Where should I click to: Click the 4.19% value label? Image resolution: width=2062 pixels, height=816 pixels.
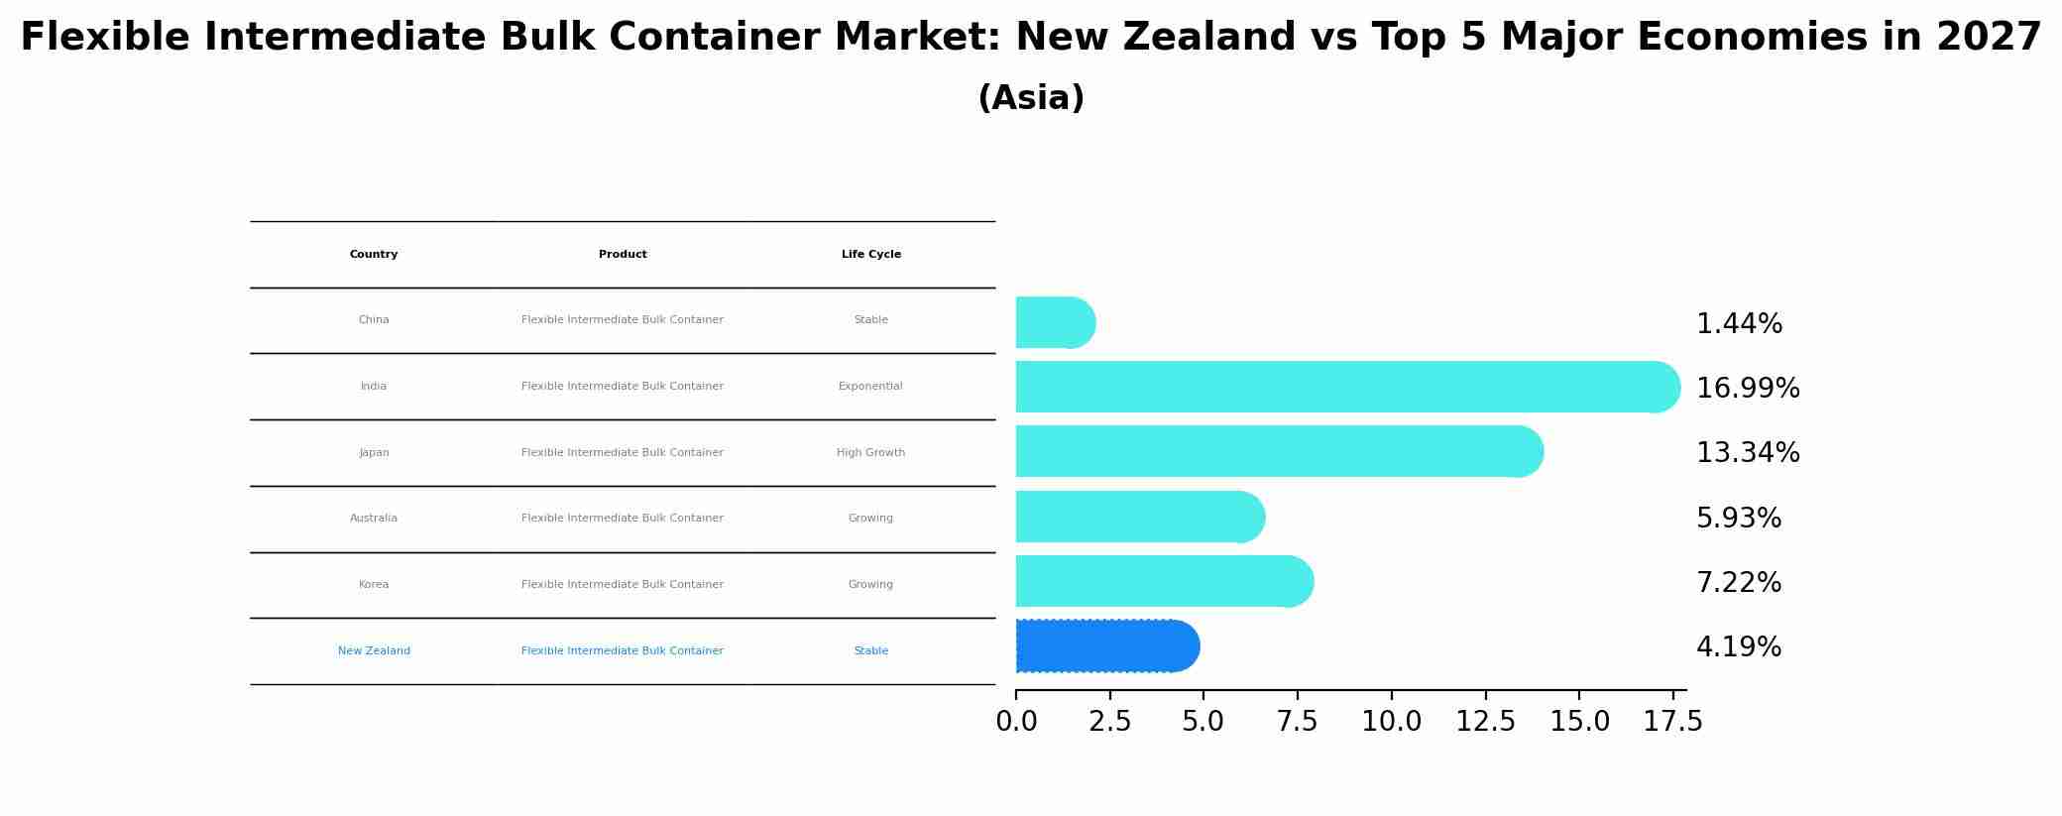1738,647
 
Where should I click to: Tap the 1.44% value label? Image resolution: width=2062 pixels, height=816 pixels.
1739,324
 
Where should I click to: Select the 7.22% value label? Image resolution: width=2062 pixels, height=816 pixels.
1738,583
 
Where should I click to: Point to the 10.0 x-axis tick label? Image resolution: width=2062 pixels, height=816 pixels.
1391,722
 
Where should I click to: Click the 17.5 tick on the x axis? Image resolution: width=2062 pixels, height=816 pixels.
1672,722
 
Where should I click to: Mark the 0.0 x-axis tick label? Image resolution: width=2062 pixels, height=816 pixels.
1016,722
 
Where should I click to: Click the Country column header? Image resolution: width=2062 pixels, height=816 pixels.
374,255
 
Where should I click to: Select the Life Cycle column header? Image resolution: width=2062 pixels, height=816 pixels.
870,255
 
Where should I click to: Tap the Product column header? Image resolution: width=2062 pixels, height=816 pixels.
623,255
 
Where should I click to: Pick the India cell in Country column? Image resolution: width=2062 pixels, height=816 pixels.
374,387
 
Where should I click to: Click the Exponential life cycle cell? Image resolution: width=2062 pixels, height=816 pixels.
870,387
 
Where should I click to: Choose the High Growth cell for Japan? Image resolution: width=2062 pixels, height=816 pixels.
870,453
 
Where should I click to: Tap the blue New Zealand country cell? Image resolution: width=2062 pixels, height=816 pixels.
374,651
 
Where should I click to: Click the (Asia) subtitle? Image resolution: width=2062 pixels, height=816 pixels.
1031,98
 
